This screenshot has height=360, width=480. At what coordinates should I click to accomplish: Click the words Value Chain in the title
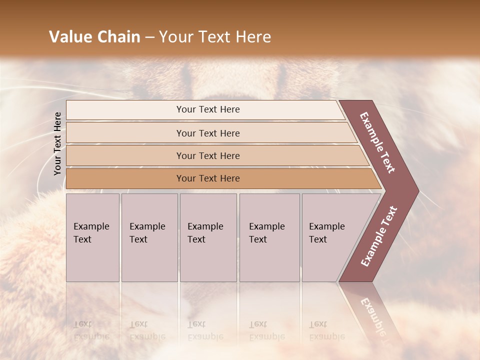[x=94, y=37]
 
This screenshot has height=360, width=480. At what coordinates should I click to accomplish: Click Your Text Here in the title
[x=215, y=37]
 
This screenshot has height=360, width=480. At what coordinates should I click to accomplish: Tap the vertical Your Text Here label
[x=57, y=143]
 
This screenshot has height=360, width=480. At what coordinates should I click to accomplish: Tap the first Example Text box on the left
[x=92, y=237]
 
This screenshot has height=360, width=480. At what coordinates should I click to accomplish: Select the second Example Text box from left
[x=149, y=237]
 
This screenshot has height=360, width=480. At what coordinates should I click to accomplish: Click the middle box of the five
[x=208, y=237]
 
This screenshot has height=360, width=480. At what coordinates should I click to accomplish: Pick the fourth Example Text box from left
[x=269, y=237]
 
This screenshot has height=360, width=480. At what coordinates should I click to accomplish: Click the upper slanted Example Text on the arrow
[x=377, y=142]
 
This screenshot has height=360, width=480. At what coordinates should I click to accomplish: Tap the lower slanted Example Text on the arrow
[x=379, y=236]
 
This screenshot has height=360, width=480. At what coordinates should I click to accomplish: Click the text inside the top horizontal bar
[x=208, y=109]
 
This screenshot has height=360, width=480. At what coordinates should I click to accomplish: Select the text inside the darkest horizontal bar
[x=208, y=178]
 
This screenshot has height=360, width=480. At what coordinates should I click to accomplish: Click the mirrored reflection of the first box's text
[x=91, y=330]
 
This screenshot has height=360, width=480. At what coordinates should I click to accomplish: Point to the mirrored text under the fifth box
[x=326, y=330]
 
